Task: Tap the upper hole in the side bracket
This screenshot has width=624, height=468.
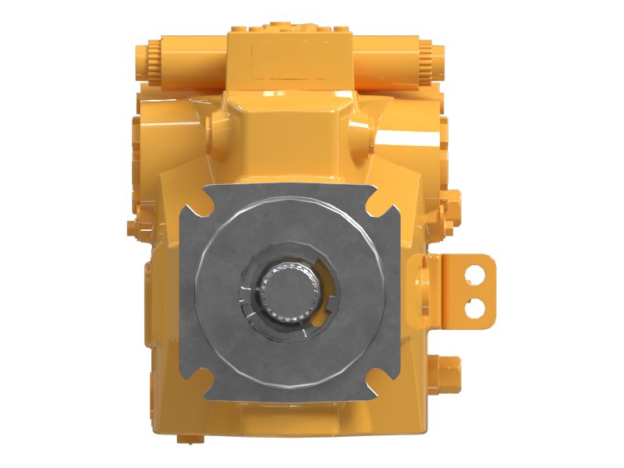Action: (x=474, y=275)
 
